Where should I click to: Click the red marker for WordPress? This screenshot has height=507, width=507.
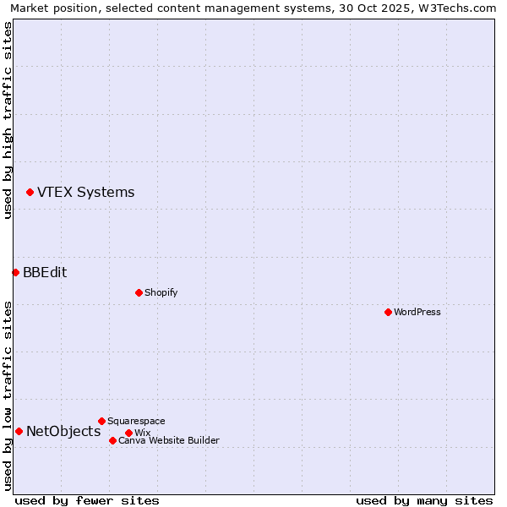coord(388,312)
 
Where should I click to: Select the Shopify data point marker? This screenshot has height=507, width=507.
coord(139,292)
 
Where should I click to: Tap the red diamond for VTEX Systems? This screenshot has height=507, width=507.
coord(30,193)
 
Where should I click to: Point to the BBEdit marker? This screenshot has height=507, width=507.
coord(15,272)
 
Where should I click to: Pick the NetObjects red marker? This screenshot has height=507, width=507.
coord(19,431)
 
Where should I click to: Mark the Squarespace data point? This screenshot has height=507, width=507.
coord(101,421)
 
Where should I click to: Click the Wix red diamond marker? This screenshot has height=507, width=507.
coord(128,433)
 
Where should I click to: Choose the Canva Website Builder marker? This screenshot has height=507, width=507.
coord(112,440)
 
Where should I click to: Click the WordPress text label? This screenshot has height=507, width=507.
coord(417,312)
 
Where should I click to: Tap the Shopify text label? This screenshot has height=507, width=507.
coord(161,292)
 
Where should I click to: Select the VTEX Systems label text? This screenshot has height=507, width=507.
coord(85,192)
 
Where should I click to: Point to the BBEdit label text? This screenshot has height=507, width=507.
coord(45,272)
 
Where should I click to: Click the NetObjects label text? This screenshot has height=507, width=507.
coord(63,431)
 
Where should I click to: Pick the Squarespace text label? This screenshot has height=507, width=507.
coord(136,421)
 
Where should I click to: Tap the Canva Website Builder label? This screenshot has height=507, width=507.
coord(169,440)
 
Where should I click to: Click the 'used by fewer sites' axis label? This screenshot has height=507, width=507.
coord(87,500)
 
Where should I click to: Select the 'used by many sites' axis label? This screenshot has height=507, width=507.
coord(424,500)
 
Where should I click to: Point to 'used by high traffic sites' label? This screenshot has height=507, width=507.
coord(8,120)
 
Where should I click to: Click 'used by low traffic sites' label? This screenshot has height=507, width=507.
coord(8,395)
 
